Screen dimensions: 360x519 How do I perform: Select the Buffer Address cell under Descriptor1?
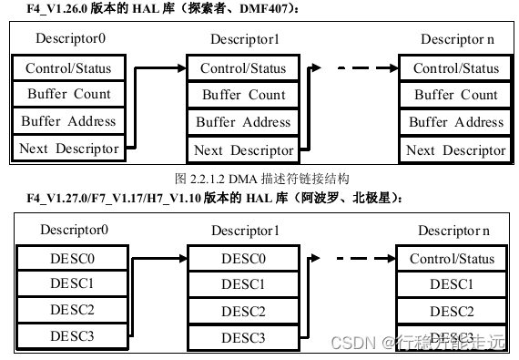(244, 122)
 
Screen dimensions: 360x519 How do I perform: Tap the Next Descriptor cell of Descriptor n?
(455, 149)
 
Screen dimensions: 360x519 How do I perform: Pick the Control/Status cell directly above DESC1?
(452, 259)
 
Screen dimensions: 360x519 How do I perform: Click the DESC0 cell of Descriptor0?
(72, 259)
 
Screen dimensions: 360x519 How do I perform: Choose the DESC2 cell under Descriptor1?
(244, 312)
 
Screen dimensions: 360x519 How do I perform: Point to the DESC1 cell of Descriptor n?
(452, 285)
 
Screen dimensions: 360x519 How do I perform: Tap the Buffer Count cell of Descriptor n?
(455, 95)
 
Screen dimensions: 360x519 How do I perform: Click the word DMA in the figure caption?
(239, 179)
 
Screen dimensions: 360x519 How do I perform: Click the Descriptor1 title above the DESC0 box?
(244, 231)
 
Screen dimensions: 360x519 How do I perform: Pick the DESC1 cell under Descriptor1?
(244, 285)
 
